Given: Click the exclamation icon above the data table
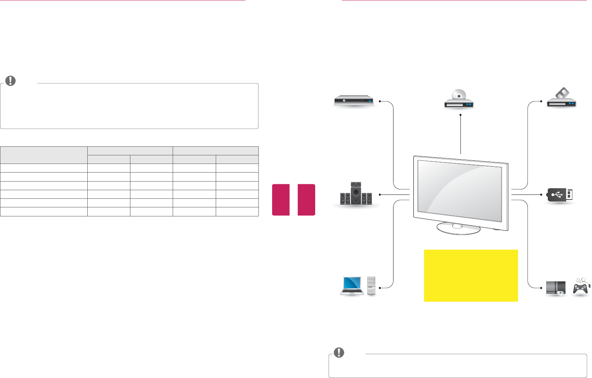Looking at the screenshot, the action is (11, 81).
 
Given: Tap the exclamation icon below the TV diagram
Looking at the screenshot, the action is (339, 352).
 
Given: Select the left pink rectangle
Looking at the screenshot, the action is (281, 200).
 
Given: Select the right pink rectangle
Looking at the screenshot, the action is (306, 200).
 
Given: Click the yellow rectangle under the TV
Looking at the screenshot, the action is (471, 275).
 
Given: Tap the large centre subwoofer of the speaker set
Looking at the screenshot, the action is (356, 193).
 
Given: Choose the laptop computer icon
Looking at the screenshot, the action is (352, 285).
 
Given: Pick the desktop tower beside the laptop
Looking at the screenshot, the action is (371, 286).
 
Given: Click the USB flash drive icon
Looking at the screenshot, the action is (560, 194).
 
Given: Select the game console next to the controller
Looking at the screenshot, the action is (556, 288).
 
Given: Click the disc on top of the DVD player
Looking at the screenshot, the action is (458, 95).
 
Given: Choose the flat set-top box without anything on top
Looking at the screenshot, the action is (354, 101).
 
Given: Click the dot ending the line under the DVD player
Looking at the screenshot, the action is (461, 115).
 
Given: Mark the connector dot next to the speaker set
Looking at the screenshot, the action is (379, 194).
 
